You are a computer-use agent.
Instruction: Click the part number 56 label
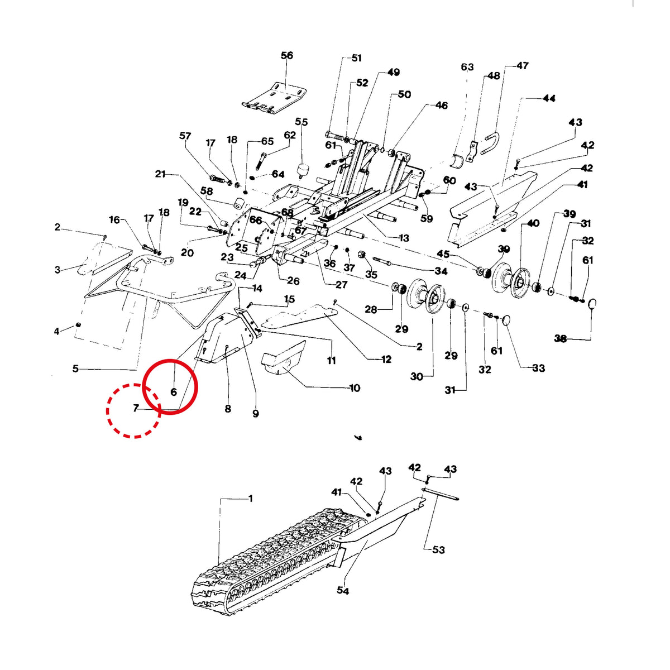pyautogui.click(x=287, y=55)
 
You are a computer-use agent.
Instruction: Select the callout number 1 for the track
pyautogui.click(x=251, y=499)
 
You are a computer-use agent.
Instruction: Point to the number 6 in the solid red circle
pyautogui.click(x=174, y=392)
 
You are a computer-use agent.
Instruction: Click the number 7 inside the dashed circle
pyautogui.click(x=136, y=408)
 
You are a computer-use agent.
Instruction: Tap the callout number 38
pyautogui.click(x=561, y=338)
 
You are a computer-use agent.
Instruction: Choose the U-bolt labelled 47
pyautogui.click(x=491, y=143)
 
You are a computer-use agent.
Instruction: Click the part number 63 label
pyautogui.click(x=467, y=66)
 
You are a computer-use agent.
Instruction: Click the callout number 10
pyautogui.click(x=355, y=387)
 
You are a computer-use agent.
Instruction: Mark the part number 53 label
pyautogui.click(x=438, y=550)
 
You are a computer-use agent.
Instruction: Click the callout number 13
pyautogui.click(x=404, y=238)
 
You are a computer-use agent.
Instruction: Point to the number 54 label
pyautogui.click(x=343, y=590)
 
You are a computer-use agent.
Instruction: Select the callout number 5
pyautogui.click(x=75, y=368)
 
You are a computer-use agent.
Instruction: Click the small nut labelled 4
pyautogui.click(x=79, y=325)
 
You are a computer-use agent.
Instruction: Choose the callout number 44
pyautogui.click(x=549, y=98)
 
